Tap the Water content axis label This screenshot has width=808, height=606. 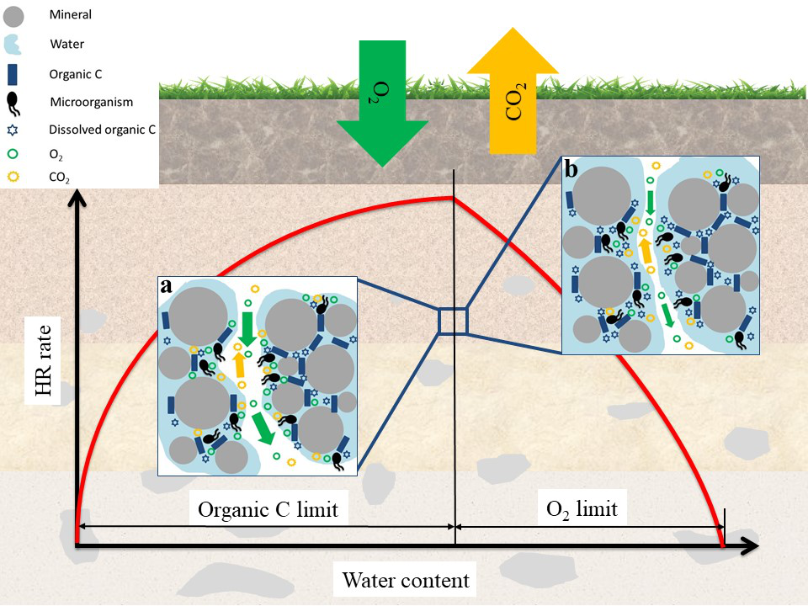point(405,580)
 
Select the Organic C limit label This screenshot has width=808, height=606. point(268,509)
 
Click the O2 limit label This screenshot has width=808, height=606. point(582,508)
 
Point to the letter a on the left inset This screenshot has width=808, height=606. point(166,285)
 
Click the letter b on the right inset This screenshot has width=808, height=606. point(571,169)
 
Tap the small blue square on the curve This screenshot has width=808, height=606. point(452,322)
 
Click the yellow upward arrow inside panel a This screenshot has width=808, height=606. point(240,364)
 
